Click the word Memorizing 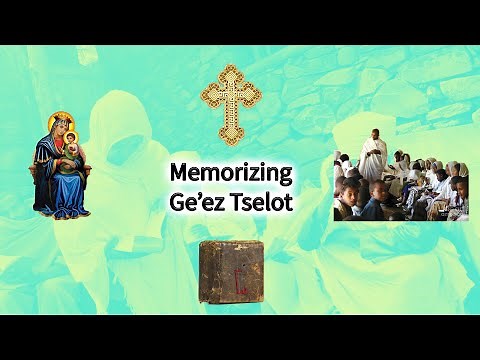(x=231, y=173)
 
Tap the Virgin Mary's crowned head (x=62, y=129)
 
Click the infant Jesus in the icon (x=74, y=157)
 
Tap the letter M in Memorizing (x=178, y=173)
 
